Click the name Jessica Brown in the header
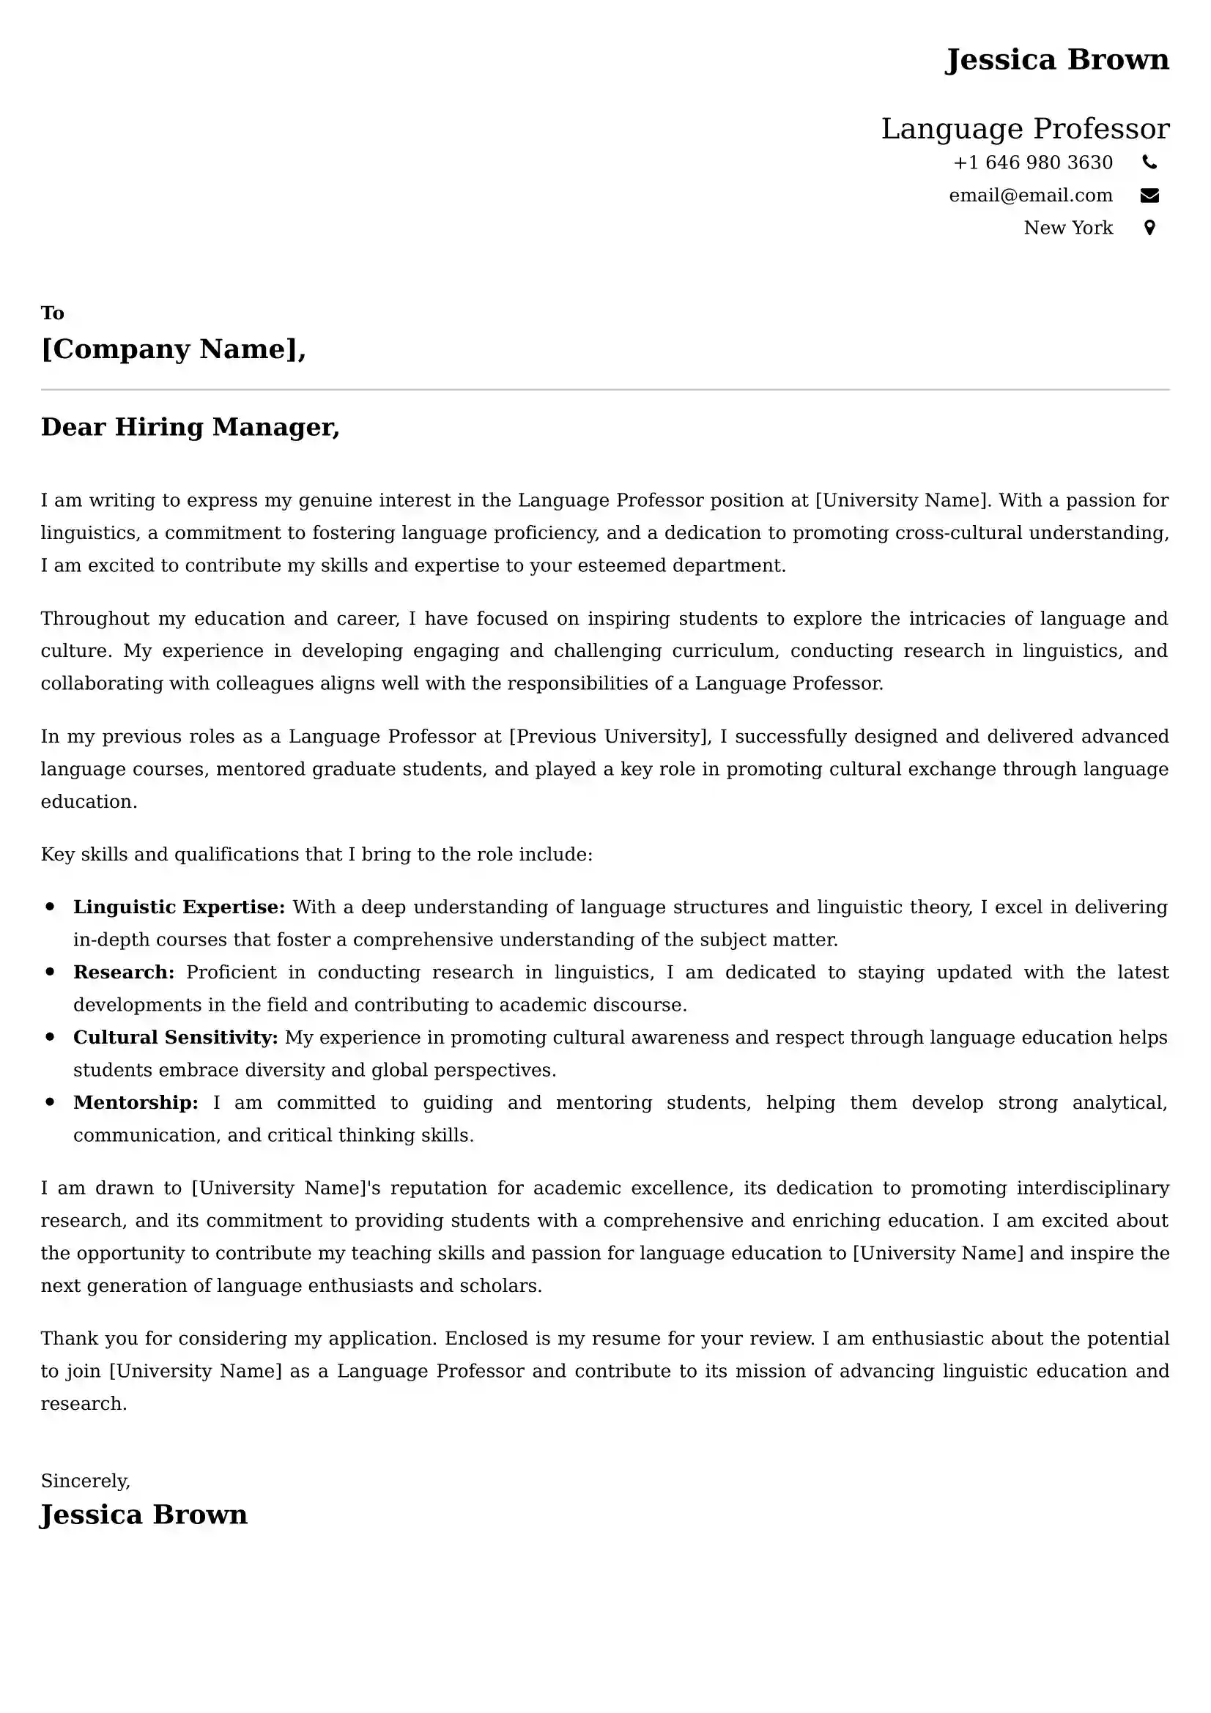1056,59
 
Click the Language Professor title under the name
1024,129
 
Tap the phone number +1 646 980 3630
1033,163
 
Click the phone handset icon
1149,162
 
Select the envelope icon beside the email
1149,196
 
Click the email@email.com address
1031,196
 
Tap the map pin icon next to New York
1149,228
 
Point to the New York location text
1067,228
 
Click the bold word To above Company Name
52,313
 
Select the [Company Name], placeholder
173,349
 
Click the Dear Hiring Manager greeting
190,428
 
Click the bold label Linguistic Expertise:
179,907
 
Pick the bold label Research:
124,972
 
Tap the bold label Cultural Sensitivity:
175,1037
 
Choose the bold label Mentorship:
136,1103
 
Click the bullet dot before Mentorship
50,1102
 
